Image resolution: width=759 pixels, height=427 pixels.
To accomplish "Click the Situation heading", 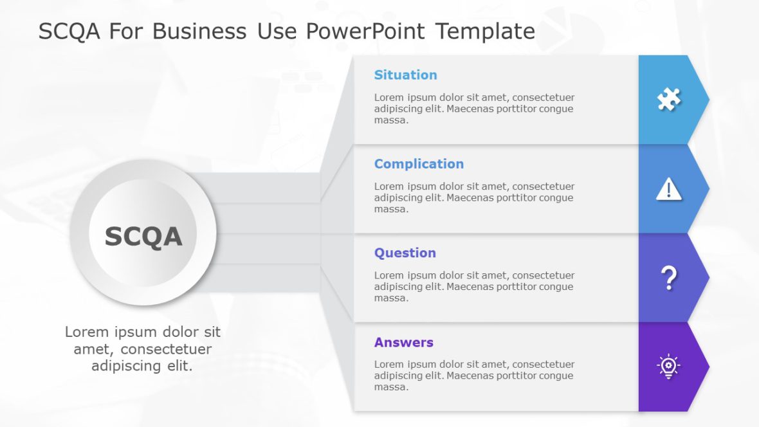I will (x=405, y=75).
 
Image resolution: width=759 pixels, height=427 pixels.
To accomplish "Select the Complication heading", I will (x=419, y=164).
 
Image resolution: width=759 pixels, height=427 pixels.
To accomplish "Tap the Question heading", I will (x=405, y=253).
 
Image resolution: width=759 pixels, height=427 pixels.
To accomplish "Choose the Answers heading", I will (x=403, y=342).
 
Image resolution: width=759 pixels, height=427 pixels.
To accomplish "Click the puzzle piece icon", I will (x=668, y=100).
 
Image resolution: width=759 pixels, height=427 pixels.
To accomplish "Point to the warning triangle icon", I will (x=668, y=189).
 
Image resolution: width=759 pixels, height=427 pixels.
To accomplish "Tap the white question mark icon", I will (x=669, y=278).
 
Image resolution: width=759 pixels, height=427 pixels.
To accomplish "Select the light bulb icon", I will (x=668, y=367).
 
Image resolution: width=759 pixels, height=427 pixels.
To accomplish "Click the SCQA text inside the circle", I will (x=143, y=236).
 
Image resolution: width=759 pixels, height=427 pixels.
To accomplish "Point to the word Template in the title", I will (x=485, y=31).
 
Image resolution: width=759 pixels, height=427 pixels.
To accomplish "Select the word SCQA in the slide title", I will (x=69, y=31).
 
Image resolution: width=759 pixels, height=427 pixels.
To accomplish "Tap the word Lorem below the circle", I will (x=86, y=332).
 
